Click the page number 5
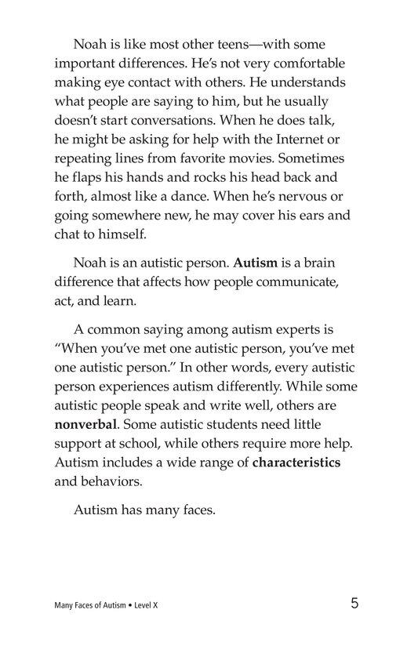(x=354, y=604)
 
